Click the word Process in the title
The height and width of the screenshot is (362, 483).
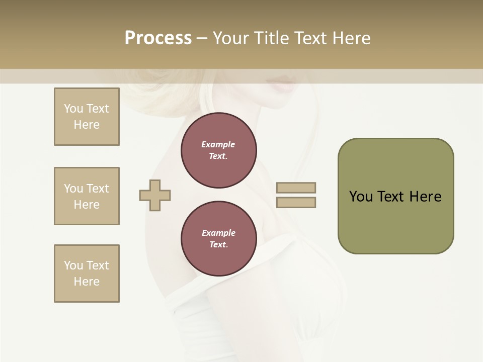[158, 38]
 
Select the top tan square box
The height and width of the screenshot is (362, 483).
[87, 117]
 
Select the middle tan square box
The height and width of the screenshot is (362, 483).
[87, 196]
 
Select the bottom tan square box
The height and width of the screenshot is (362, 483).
[87, 274]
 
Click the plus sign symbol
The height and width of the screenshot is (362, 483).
[155, 195]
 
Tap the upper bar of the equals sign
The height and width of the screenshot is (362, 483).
[296, 188]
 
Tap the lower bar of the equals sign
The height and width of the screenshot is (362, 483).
[296, 203]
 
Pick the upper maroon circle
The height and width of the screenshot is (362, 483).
[218, 150]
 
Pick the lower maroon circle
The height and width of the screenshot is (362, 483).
[218, 239]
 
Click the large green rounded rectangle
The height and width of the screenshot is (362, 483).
[395, 221]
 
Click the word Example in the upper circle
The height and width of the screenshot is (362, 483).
[218, 144]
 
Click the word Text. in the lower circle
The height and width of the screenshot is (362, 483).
[218, 244]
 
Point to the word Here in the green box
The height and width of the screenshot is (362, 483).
[425, 197]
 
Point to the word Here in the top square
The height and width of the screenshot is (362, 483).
[87, 125]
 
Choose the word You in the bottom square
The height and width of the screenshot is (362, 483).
[73, 265]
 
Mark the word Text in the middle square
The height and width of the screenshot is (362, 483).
[98, 189]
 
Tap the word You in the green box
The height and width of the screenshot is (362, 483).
[361, 197]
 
